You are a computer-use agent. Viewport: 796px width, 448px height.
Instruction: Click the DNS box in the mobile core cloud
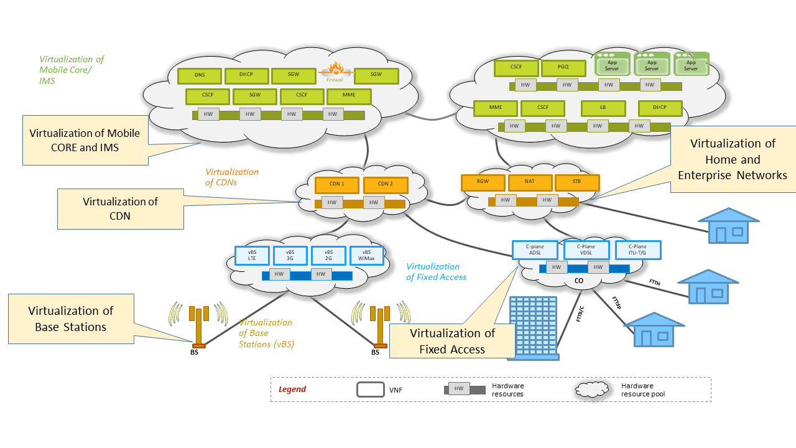200,76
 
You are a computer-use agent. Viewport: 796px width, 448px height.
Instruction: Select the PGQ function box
563,68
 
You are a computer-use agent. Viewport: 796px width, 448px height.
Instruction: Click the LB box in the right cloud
603,108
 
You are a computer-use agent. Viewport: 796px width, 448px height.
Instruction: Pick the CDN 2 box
386,185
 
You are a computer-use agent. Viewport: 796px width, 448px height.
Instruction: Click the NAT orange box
530,182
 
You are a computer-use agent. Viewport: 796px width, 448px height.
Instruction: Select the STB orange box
577,182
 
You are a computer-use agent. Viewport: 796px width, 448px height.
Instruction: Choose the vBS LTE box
252,255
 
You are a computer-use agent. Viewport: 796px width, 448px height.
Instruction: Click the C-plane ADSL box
535,250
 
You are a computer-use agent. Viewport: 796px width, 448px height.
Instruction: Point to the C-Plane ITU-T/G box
638,250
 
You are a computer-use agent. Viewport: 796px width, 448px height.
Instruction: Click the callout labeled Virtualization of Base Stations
71,319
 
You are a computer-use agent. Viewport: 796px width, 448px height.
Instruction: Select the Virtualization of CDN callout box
121,209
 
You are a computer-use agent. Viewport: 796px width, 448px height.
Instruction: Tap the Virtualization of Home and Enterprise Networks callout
733,159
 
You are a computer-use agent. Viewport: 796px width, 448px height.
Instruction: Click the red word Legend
292,390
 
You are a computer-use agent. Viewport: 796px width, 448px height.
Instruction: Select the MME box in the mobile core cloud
349,96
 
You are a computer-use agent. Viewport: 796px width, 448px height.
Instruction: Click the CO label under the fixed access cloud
578,281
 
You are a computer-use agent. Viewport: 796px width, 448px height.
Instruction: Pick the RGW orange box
483,182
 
